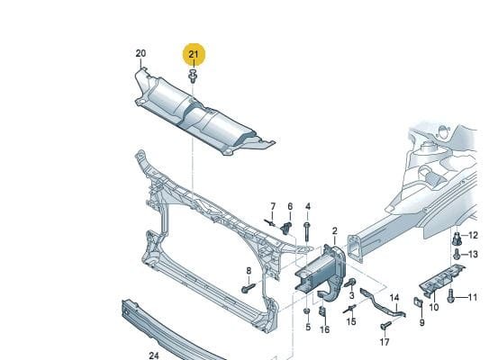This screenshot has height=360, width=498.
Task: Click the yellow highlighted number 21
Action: (x=194, y=54)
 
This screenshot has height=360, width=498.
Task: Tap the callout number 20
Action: (x=140, y=53)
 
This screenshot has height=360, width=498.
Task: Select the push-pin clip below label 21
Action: (x=193, y=76)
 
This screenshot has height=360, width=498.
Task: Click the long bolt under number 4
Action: (x=307, y=231)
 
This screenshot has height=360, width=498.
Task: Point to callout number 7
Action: (x=273, y=206)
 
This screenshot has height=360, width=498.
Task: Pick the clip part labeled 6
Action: (x=286, y=228)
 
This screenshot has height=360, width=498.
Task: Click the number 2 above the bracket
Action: (x=335, y=231)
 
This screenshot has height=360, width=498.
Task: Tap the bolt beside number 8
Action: (x=249, y=288)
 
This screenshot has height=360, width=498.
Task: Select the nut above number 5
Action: (x=307, y=311)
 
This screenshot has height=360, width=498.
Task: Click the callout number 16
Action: (x=324, y=329)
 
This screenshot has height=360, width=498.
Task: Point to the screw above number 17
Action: (x=386, y=326)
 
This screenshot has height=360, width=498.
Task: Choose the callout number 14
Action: (x=394, y=298)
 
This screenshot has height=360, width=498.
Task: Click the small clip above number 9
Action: (x=418, y=302)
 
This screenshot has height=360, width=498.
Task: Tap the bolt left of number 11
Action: (x=450, y=296)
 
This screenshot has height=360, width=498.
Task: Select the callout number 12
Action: (x=473, y=235)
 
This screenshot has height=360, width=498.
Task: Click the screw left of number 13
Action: (x=457, y=254)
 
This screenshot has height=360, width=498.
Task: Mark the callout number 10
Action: (x=433, y=307)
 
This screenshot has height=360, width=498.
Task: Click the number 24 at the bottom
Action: (x=154, y=355)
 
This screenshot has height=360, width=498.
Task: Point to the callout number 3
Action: (x=351, y=295)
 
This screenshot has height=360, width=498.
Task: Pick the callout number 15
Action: (x=351, y=321)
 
